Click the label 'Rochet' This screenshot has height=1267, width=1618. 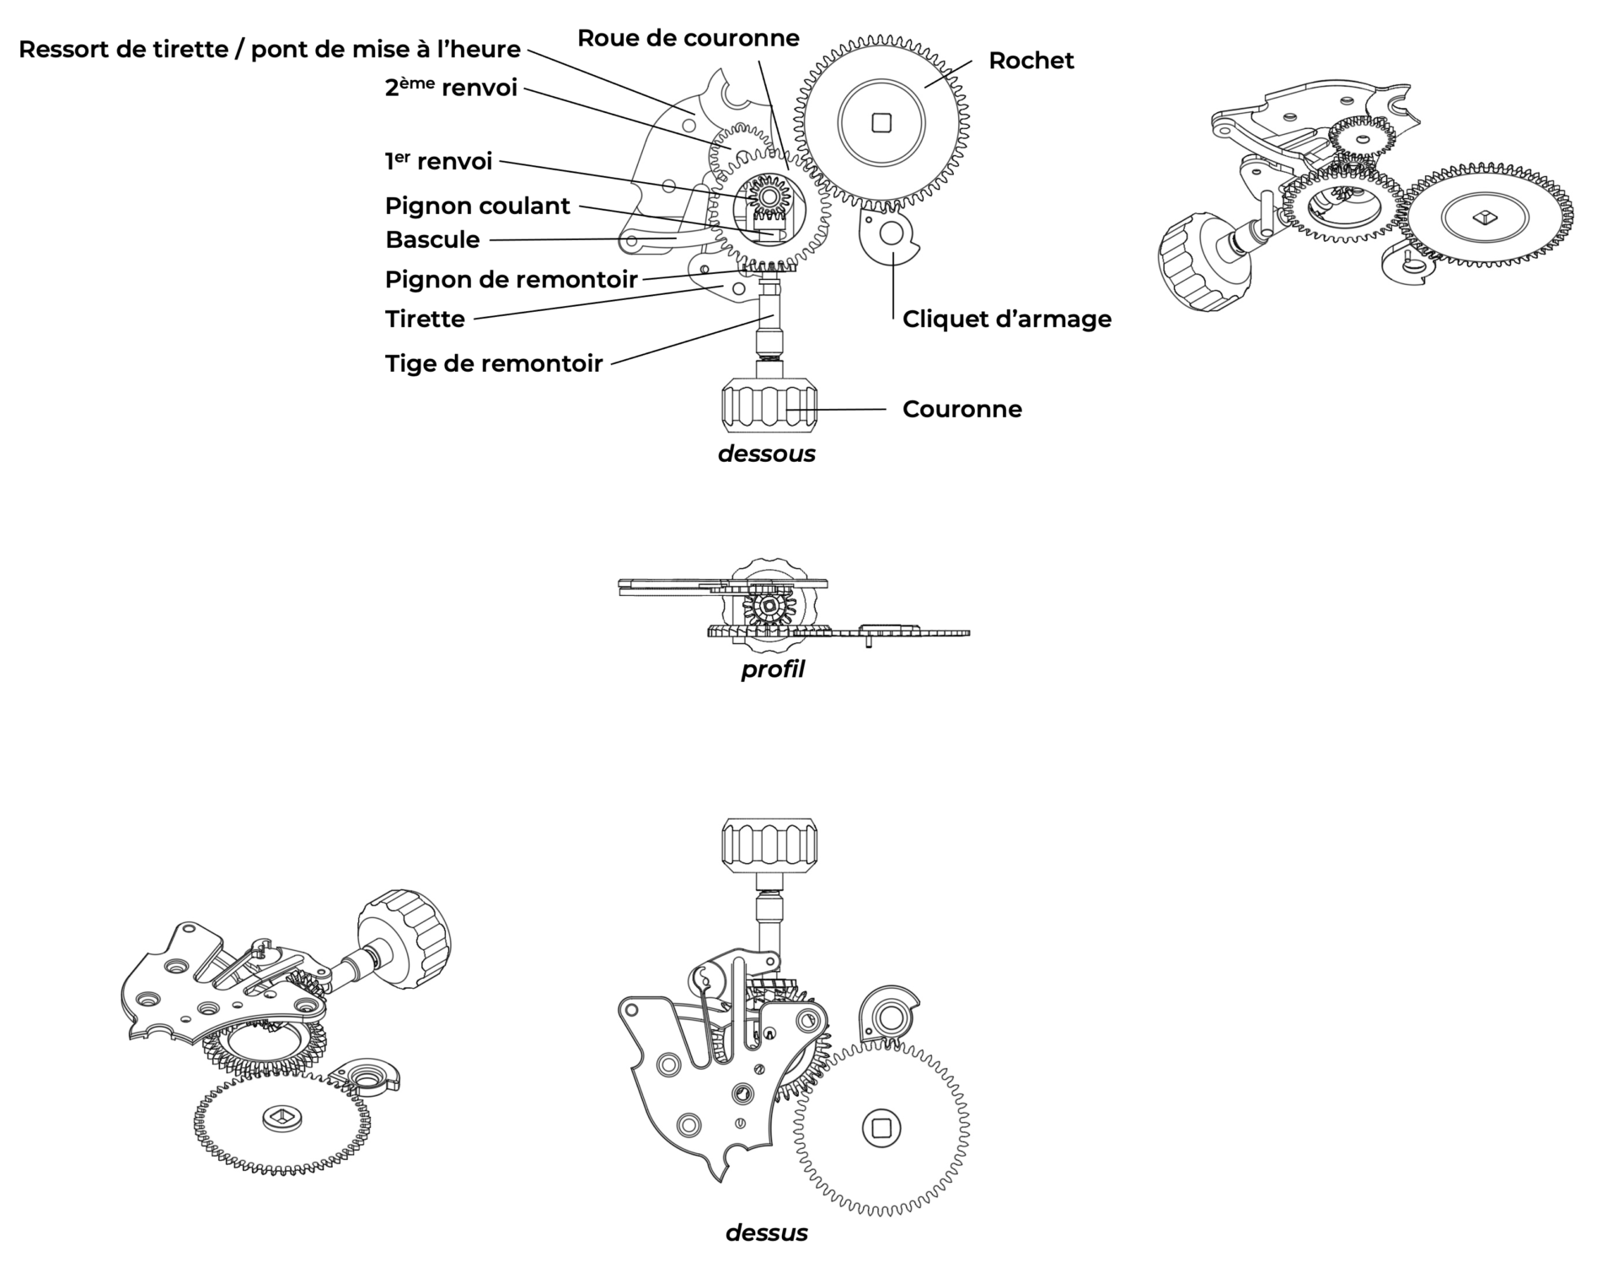pos(1031,61)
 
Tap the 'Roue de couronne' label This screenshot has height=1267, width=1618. pos(688,38)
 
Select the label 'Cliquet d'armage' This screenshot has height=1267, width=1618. pos(1006,319)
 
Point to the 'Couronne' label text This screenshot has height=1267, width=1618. pos(962,409)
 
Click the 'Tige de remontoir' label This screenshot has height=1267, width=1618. pos(494,363)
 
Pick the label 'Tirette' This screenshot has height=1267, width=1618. pos(425,319)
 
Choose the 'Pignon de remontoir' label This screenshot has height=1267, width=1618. pos(511,279)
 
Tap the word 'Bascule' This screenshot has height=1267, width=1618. pos(432,239)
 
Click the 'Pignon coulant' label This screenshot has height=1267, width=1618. pos(477,206)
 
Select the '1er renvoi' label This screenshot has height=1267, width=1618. pos(438,161)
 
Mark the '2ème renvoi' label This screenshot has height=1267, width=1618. pos(451,87)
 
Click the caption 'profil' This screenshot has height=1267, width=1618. pos(772,669)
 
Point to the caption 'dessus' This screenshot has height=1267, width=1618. pos(766,1232)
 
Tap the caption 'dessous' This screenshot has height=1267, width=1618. pos(766,454)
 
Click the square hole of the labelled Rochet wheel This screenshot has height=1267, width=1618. pos(881,124)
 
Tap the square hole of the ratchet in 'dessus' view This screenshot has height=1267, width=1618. pos(881,1127)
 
